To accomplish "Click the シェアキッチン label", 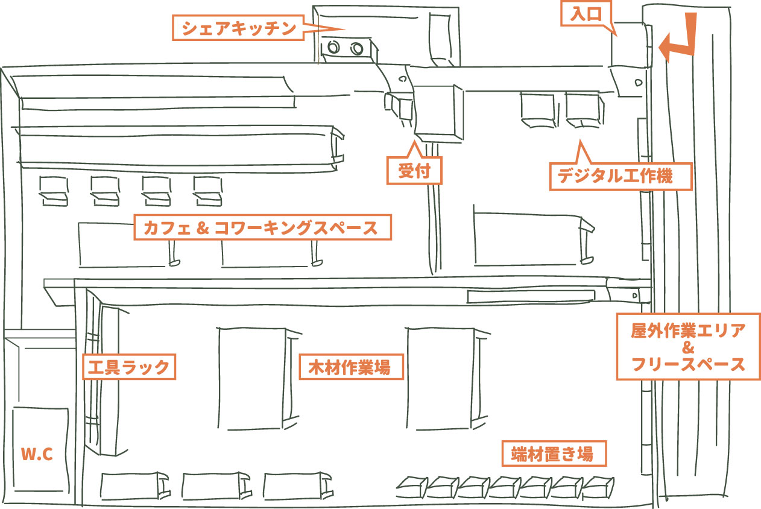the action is pyautogui.click(x=238, y=28).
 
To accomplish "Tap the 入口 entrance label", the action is pyautogui.click(x=586, y=14).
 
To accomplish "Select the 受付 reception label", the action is pyautogui.click(x=414, y=171).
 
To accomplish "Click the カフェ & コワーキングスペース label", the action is pyautogui.click(x=262, y=227).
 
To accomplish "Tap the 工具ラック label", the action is pyautogui.click(x=129, y=367).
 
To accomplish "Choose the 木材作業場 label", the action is pyautogui.click(x=352, y=367).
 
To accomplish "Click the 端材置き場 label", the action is pyautogui.click(x=554, y=454).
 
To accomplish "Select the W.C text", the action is pyautogui.click(x=37, y=454).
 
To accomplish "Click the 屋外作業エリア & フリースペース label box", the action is pyautogui.click(x=688, y=347).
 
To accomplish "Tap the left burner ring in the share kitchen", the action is pyautogui.click(x=333, y=47).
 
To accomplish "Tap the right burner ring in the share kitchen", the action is pyautogui.click(x=357, y=49).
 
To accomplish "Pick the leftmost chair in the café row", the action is pyautogui.click(x=54, y=191).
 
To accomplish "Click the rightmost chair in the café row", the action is pyautogui.click(x=208, y=191).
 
